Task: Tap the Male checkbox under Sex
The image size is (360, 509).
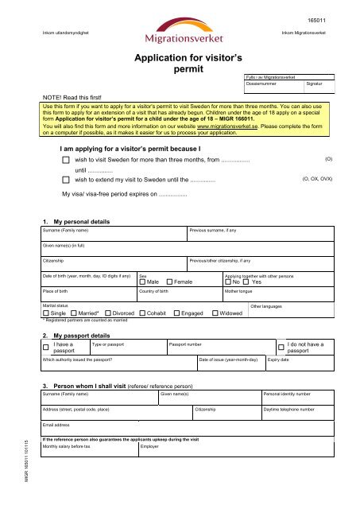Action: (142, 282)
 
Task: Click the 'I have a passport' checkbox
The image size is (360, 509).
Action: (46, 348)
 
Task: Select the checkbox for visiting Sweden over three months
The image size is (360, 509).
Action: (67, 160)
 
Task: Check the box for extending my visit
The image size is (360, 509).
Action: (67, 180)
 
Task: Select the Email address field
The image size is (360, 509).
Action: (183, 429)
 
